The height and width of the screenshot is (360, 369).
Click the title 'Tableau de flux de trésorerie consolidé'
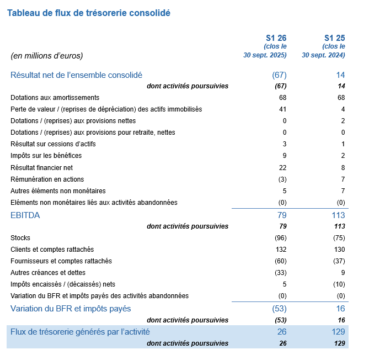coord(88,12)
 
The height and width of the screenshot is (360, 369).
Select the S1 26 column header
coord(276,38)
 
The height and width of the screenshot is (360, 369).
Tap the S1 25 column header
coord(334,38)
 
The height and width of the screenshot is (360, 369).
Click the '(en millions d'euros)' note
coord(46,55)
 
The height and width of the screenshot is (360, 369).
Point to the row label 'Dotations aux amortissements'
coord(55,97)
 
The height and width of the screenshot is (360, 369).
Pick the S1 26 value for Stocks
coord(280,237)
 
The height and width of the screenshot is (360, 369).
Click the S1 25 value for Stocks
coord(339,237)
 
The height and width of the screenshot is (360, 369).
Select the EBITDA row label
coord(25,215)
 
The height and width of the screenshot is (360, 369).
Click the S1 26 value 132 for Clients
coord(280,249)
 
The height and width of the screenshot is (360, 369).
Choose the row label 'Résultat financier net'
coord(41,167)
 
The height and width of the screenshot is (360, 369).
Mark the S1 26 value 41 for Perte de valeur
coord(283,109)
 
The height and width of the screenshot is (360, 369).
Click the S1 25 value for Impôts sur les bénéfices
coord(342,156)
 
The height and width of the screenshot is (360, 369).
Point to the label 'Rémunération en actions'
coord(47,179)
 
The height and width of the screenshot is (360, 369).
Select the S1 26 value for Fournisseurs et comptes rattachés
coord(280,261)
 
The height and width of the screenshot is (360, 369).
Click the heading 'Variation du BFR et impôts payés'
coord(71,308)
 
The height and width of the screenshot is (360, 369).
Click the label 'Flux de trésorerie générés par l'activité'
coord(80,332)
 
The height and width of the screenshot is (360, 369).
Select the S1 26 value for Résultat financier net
coord(283,167)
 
